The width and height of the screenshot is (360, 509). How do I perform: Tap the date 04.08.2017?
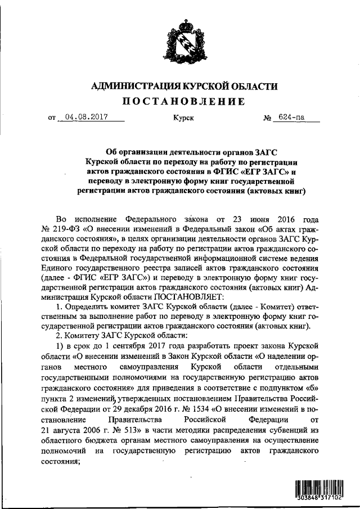point(86,118)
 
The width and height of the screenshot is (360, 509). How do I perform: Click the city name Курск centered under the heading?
point(183,119)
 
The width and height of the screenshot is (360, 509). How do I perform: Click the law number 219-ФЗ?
point(67,229)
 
